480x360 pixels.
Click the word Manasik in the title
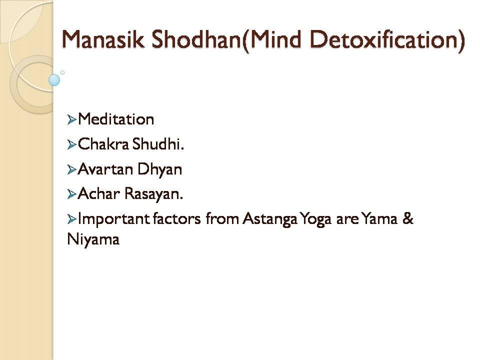point(103,39)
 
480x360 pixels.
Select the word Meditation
point(116,119)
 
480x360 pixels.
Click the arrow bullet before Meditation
point(71,119)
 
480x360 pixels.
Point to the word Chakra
point(103,144)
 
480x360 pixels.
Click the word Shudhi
point(158,144)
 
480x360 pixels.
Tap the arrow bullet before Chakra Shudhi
point(71,144)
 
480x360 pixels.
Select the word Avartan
point(105,169)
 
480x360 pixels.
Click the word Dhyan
point(159,169)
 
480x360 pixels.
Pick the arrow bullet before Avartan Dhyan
point(71,169)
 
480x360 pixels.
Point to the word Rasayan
point(153,194)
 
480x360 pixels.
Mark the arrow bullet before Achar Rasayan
point(71,194)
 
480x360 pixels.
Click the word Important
point(113,219)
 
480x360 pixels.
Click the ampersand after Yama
point(408,218)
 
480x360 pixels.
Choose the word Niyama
point(93,239)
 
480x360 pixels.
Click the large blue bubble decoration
point(54,80)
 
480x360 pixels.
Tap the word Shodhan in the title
point(196,39)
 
